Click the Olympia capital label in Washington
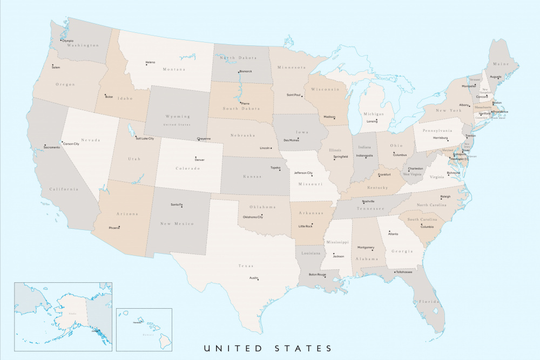(x=67, y=40)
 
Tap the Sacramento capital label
(x=52, y=147)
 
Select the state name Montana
(x=174, y=70)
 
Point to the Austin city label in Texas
(x=253, y=278)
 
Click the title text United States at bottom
(x=267, y=348)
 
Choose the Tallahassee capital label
(x=404, y=272)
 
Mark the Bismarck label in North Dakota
(x=246, y=71)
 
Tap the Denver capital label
(x=200, y=160)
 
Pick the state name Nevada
(x=91, y=140)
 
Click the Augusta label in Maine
(x=496, y=77)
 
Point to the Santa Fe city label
(x=177, y=205)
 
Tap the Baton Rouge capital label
(x=318, y=275)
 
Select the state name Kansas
(x=252, y=176)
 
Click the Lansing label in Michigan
(x=372, y=121)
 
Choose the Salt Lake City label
(x=145, y=139)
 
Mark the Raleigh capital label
(x=445, y=196)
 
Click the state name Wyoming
(x=177, y=117)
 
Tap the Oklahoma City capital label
(x=253, y=217)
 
